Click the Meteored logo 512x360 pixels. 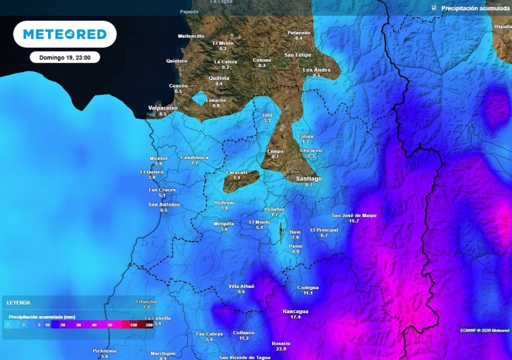point(64,34)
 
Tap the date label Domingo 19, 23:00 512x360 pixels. point(64,57)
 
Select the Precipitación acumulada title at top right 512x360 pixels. point(475,8)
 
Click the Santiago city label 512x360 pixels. point(308,178)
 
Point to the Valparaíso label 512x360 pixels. point(163,108)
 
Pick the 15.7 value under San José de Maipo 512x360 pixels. point(354,221)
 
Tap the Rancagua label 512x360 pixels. point(295,311)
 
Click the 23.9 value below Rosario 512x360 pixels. point(281,349)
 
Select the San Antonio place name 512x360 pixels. point(164,204)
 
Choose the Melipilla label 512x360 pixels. point(223,223)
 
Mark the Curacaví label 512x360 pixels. point(236,172)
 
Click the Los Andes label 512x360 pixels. point(316,70)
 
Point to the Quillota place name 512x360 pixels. point(218,78)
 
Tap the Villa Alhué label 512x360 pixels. point(241,286)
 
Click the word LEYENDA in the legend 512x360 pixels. point(18,303)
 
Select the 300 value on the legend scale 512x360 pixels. point(149,325)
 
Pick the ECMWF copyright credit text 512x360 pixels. point(484,330)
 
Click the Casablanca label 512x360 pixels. point(194,157)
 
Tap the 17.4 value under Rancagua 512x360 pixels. point(295,317)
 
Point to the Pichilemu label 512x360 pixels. point(104,351)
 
